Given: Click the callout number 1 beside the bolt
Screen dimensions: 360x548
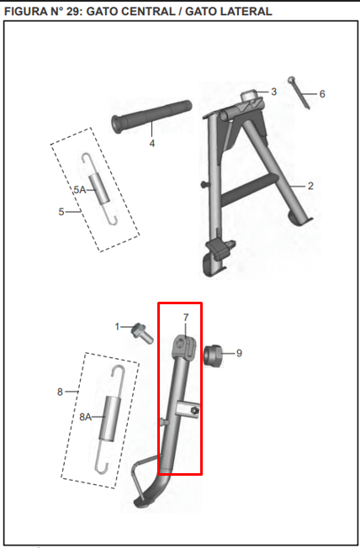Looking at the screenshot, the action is tap(117, 327).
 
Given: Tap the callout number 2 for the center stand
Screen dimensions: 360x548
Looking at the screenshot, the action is tap(310, 186).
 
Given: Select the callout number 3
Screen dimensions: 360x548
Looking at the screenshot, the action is tap(274, 92).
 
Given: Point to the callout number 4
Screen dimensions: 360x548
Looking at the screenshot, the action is tap(152, 143).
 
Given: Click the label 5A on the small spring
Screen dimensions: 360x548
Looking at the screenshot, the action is tap(79, 190).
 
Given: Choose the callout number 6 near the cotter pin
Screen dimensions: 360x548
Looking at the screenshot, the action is tap(322, 94).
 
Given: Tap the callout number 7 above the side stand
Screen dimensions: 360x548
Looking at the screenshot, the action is tap(186, 318).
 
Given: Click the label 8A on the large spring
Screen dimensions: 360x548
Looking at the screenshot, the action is tap(85, 417).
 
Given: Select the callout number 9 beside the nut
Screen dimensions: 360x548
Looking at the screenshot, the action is tap(239, 353).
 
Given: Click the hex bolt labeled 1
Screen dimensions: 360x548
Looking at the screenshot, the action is tap(142, 332).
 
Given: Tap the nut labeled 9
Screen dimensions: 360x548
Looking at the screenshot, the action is tap(213, 356).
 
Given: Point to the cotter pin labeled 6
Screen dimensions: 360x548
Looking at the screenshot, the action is tap(299, 92).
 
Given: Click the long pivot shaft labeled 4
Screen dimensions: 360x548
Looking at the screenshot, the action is tap(151, 117).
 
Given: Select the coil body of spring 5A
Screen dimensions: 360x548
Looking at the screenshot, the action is tap(99, 189).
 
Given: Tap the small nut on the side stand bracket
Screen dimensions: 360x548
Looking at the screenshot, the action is tap(196, 410).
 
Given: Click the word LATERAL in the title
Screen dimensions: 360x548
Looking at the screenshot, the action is tap(248, 11).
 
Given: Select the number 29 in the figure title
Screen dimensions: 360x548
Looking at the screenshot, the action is tap(74, 11).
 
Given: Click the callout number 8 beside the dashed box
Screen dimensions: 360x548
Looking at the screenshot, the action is tap(61, 392).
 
